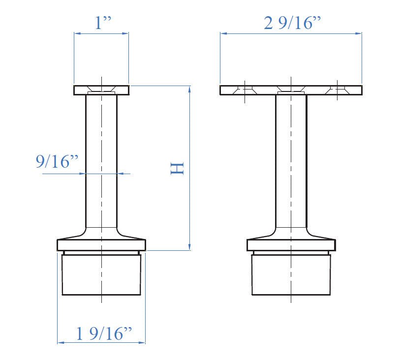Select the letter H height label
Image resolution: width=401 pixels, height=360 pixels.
pos(177,168)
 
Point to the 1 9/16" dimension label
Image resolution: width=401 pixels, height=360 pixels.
pos(105,334)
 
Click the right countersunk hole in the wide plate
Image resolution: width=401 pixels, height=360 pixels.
pos(337,90)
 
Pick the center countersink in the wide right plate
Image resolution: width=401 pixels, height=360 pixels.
pos(291,90)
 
